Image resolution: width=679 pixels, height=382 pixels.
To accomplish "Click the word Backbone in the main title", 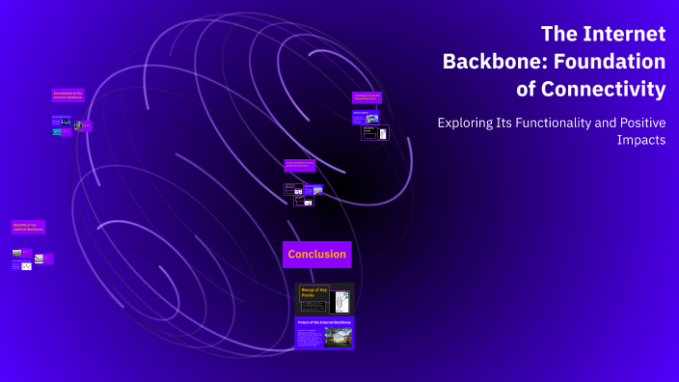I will point(487,62).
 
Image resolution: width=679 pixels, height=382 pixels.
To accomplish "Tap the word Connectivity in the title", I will point(605,90).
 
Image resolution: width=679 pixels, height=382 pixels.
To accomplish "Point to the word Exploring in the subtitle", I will point(469,123).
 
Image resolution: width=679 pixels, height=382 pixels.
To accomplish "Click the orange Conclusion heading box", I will point(316,255).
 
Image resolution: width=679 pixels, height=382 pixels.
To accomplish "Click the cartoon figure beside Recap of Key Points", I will point(339,301).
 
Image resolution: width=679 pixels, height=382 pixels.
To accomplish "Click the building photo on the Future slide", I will point(338,337).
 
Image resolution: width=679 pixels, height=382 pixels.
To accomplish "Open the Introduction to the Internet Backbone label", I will point(68,95).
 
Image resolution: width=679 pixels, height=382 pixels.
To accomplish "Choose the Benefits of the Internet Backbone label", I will point(28,228).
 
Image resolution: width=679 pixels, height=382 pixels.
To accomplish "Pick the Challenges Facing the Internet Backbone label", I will point(367,97).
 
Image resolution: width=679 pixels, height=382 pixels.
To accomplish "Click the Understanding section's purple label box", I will point(299,166).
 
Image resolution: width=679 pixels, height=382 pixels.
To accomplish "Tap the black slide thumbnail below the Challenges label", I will point(375,132).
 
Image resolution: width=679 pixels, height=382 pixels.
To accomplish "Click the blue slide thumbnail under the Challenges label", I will point(366,117).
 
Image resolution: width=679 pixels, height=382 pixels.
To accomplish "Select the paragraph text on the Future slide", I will point(311,337).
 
